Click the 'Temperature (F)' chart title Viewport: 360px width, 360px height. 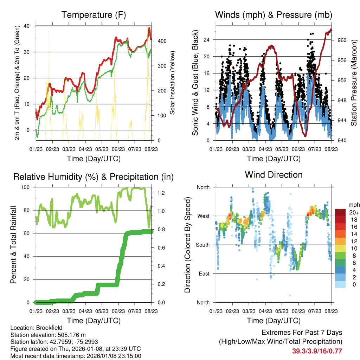point(94,15)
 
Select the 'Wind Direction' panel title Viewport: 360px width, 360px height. point(274,175)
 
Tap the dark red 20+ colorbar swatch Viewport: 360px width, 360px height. point(341,213)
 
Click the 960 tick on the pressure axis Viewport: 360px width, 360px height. point(341,40)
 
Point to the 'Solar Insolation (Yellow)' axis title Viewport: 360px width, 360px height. point(173,83)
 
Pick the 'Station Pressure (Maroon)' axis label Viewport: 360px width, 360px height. point(354,83)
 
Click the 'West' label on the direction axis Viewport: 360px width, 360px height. point(203,216)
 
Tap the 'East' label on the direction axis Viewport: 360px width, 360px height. point(204,274)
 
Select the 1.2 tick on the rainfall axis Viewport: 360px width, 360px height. point(158,193)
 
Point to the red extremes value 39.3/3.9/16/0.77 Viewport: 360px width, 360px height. point(317,351)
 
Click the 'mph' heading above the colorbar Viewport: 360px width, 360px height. point(353,205)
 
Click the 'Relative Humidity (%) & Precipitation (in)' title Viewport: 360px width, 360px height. point(94,177)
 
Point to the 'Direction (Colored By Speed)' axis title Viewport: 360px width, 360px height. point(187,245)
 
